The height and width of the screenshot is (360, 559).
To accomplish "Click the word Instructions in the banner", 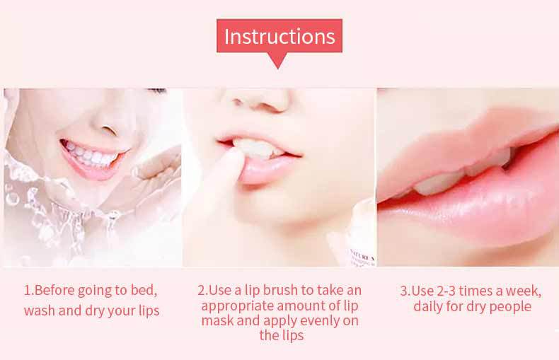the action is coord(279,36).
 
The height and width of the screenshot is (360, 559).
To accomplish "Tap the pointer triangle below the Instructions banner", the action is coord(278,61).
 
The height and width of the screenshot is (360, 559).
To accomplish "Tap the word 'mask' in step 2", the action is coord(217,320).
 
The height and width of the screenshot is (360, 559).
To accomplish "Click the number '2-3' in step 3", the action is coord(446,291).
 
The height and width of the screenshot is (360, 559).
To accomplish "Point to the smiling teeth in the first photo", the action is coord(91,154).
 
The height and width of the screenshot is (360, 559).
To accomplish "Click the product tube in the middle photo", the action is coord(352,238).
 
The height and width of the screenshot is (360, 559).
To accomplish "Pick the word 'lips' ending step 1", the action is coord(149,310).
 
